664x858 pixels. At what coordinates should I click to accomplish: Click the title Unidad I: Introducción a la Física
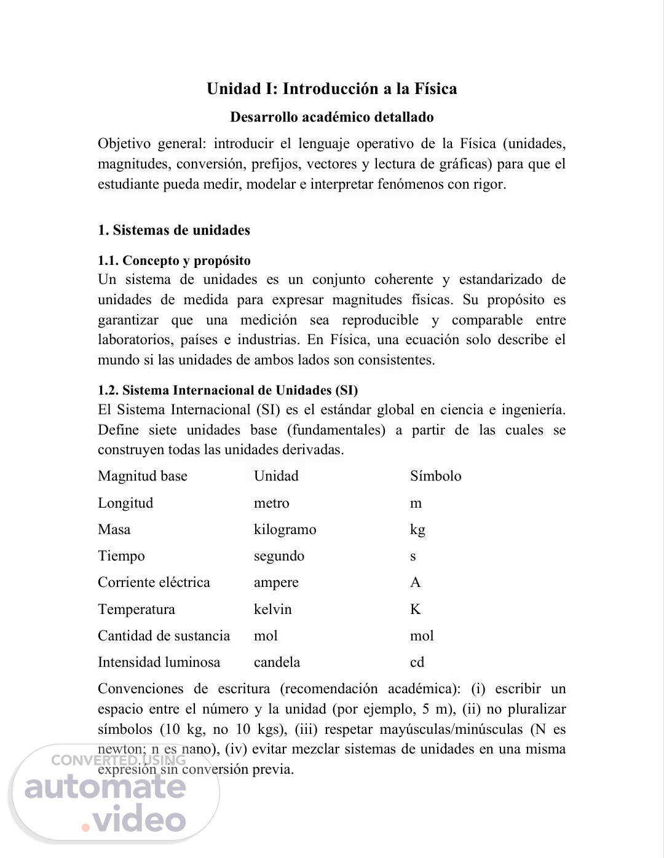(x=331, y=89)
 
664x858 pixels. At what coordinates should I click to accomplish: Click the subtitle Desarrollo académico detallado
(x=331, y=117)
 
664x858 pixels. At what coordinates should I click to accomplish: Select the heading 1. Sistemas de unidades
(x=174, y=230)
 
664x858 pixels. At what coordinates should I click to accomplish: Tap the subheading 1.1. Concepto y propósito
(x=174, y=261)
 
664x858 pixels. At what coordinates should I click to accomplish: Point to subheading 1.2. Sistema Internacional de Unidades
(x=227, y=390)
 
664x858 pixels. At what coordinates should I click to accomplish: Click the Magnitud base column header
(x=143, y=476)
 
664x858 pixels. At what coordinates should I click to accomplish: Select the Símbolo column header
(x=435, y=476)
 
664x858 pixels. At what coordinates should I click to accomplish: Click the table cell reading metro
(x=271, y=503)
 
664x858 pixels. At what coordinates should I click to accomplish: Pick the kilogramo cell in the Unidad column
(x=285, y=530)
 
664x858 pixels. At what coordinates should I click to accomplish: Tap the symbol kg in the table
(x=417, y=530)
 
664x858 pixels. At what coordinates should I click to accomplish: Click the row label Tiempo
(x=121, y=556)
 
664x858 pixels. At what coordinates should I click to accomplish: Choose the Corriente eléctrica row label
(x=154, y=583)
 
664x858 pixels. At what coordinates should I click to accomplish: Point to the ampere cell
(x=276, y=583)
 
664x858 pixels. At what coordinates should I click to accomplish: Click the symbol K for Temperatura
(x=416, y=610)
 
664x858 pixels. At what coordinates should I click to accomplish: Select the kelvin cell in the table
(x=272, y=610)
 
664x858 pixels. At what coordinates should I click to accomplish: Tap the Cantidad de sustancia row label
(x=164, y=636)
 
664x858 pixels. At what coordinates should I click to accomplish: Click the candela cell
(x=277, y=663)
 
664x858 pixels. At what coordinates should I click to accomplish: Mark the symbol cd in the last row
(x=417, y=663)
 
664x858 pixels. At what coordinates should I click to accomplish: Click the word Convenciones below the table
(x=140, y=689)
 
